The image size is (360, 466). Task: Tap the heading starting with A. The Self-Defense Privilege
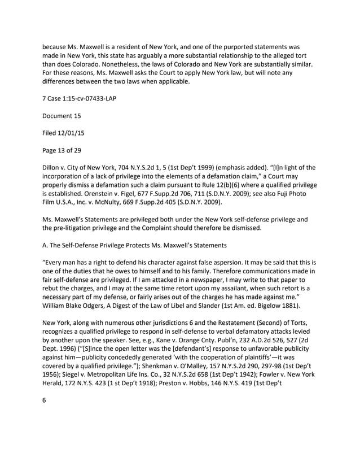point(136,246)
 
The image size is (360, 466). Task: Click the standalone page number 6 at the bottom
point(45,399)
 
